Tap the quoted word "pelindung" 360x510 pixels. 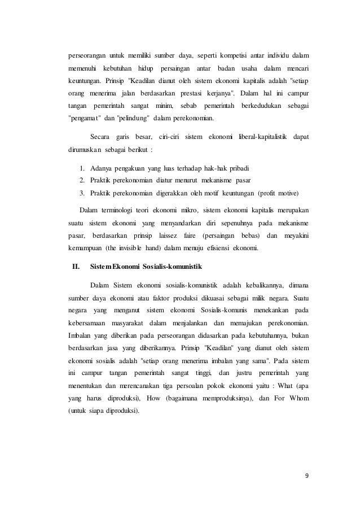133,119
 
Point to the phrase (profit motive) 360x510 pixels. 278,192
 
